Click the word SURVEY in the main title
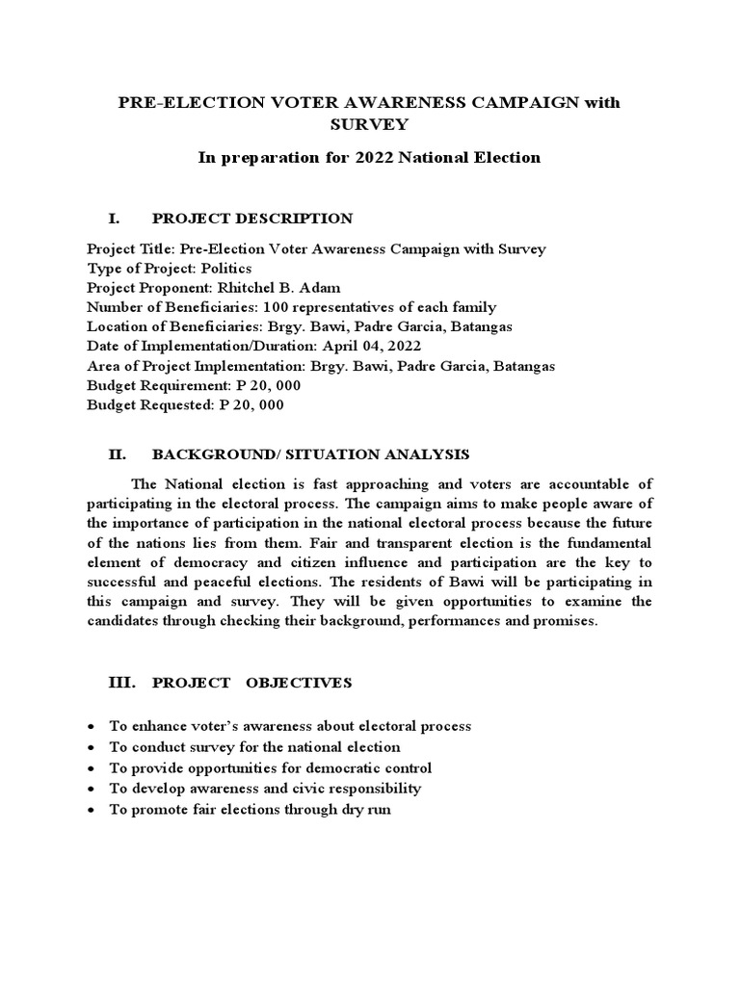pyautogui.click(x=369, y=124)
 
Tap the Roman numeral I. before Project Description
pyautogui.click(x=114, y=219)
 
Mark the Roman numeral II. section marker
pyautogui.click(x=116, y=454)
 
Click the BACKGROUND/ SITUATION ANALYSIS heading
pyautogui.click(x=310, y=454)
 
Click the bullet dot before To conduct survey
pyautogui.click(x=91, y=747)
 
